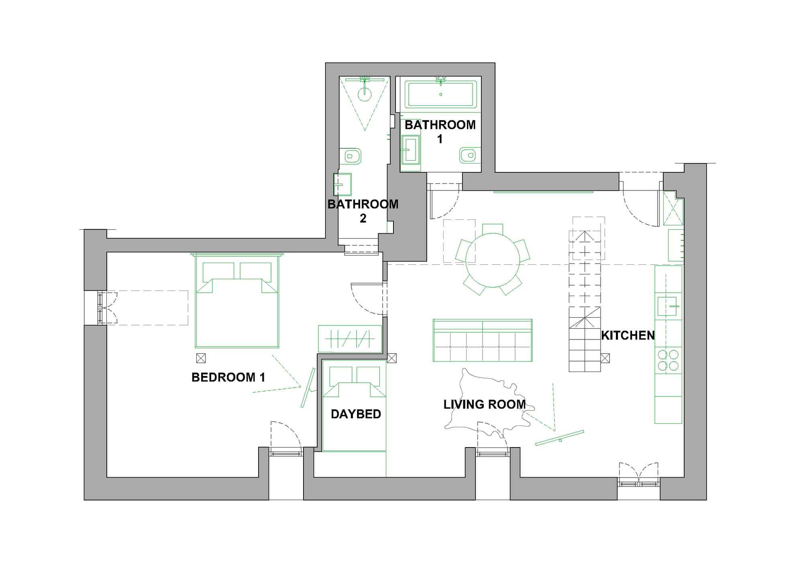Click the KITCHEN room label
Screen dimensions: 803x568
point(628,335)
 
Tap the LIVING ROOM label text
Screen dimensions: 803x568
point(484,405)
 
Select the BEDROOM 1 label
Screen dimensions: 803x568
point(228,377)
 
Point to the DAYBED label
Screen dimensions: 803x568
point(356,414)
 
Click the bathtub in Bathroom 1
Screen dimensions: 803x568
point(440,94)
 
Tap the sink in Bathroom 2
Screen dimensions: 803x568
point(342,184)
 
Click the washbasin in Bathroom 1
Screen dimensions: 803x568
point(410,150)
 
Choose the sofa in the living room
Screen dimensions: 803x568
point(483,340)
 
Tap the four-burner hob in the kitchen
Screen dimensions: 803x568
point(668,360)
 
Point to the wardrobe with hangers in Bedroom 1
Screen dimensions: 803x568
point(350,339)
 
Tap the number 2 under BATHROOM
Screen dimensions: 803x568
point(363,219)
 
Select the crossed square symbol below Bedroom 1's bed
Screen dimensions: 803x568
point(201,358)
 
